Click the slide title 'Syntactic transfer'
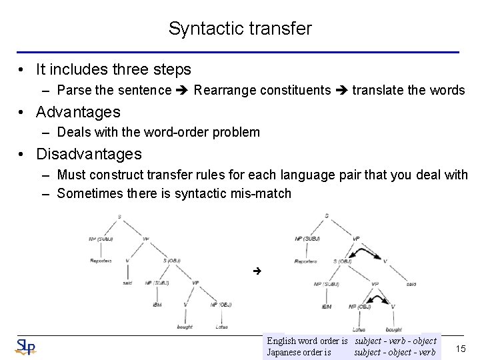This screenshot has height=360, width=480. coord(240,29)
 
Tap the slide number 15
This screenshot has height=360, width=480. coord(459,347)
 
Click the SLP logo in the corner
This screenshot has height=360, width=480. coord(26,347)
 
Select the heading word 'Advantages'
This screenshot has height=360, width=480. coord(78,111)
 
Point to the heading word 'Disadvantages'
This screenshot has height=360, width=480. coord(89,154)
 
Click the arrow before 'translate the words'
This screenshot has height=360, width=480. coord(341,90)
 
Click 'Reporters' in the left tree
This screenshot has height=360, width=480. coord(101,260)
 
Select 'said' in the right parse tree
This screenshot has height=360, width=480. coord(411,284)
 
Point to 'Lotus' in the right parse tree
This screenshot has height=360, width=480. coord(358,329)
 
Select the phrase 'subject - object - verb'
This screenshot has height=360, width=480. coord(395,352)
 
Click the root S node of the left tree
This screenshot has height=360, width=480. coord(119,215)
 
